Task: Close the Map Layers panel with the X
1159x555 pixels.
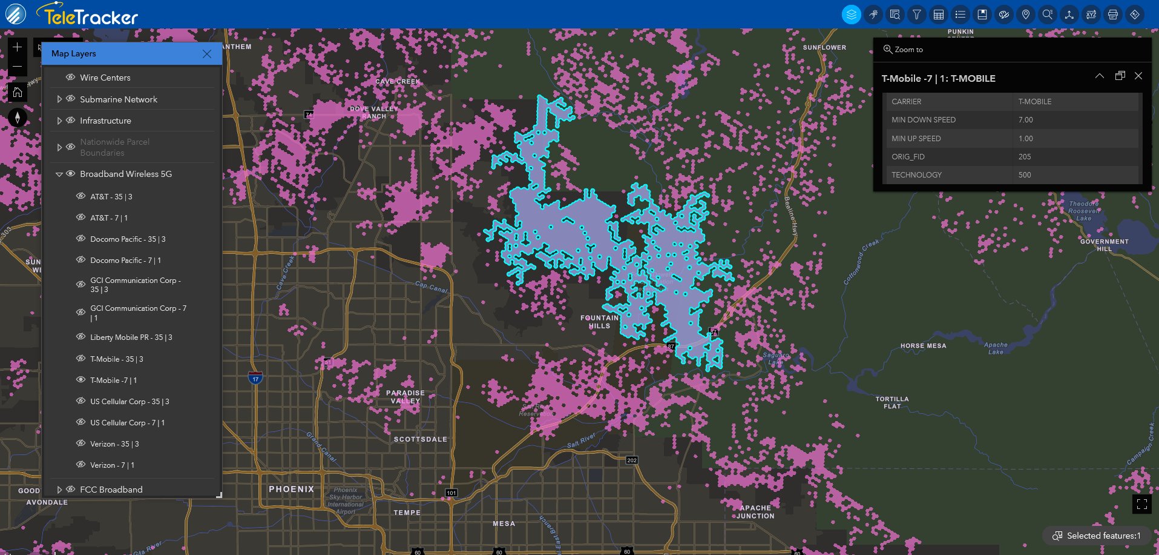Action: (207, 54)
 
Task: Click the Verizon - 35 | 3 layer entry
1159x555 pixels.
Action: (114, 444)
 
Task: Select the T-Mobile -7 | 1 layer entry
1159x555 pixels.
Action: (113, 381)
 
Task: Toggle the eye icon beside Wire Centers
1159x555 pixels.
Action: (71, 78)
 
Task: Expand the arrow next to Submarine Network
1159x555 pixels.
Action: (59, 99)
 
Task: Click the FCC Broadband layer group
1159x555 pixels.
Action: (111, 490)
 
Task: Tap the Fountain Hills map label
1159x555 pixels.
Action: (599, 322)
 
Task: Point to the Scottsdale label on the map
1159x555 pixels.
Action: (420, 439)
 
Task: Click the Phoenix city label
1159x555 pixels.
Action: (291, 489)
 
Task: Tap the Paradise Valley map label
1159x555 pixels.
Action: (405, 397)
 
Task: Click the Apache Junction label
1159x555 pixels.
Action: (755, 512)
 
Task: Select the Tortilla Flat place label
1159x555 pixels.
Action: (892, 402)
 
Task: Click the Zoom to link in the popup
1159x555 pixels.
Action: (908, 50)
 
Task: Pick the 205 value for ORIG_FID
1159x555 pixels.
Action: (1025, 157)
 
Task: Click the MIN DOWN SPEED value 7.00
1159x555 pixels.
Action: (1025, 120)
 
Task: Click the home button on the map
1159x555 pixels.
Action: (18, 92)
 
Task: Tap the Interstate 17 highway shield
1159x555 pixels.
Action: (255, 379)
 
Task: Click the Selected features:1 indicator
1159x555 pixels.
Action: (1097, 536)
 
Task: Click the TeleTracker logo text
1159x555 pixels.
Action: (91, 16)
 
